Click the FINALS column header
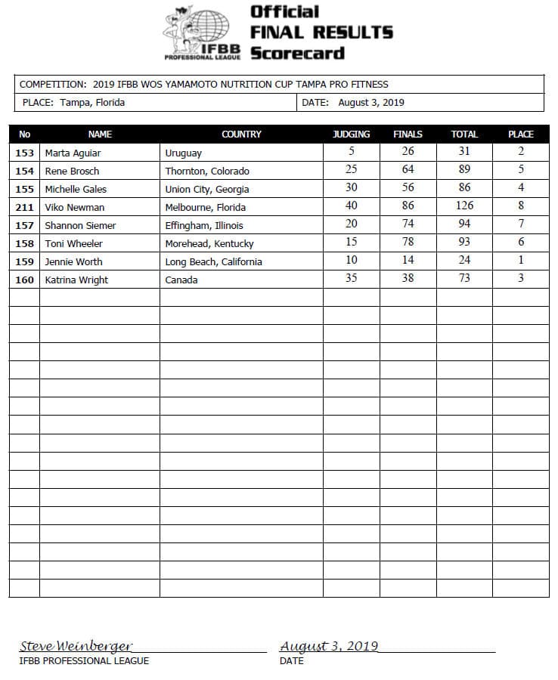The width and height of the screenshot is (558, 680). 408,134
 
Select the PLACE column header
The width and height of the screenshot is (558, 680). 521,134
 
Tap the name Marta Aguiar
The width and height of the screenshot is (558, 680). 73,153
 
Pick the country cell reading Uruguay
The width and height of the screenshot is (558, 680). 183,153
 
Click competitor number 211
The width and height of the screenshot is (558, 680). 24,207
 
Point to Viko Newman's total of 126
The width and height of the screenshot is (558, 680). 464,206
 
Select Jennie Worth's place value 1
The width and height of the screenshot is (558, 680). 521,260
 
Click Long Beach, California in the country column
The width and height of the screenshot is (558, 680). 213,261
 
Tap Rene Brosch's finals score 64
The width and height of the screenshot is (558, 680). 408,169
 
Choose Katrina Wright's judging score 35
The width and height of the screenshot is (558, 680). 352,278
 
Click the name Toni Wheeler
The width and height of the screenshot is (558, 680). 73,243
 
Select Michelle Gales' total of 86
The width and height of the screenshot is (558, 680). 464,187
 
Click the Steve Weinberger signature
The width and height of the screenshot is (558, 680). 76,647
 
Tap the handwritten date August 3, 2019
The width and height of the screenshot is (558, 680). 329,647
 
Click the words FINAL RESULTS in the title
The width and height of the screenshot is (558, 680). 321,32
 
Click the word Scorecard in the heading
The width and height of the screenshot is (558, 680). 297,53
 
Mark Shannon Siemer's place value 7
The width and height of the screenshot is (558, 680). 521,224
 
